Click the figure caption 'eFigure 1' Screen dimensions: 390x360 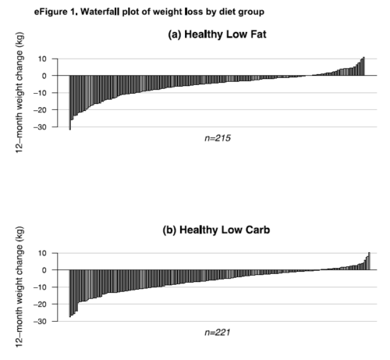[x=55, y=12]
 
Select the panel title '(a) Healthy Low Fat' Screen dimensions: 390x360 [x=217, y=34]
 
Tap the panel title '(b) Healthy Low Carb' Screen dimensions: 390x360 [x=216, y=230]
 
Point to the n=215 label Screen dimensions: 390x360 [x=218, y=138]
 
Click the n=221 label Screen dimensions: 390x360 [x=218, y=333]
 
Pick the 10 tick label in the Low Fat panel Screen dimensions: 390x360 [x=42, y=59]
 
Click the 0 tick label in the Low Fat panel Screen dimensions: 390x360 [x=44, y=76]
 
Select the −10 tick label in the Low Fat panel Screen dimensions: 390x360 [x=40, y=93]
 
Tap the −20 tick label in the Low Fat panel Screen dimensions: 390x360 [x=40, y=110]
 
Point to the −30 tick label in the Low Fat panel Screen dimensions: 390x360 [x=40, y=127]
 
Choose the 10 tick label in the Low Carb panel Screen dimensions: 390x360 [x=42, y=253]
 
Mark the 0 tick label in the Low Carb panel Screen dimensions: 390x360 [x=44, y=270]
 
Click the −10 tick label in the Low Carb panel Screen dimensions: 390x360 [x=40, y=287]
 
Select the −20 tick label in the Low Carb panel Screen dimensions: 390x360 [x=40, y=304]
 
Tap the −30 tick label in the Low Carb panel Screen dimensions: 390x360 [x=40, y=321]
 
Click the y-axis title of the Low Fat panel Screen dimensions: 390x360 [x=19, y=93]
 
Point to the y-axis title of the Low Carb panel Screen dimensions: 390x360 [x=19, y=287]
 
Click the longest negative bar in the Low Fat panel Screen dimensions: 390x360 [x=70, y=102]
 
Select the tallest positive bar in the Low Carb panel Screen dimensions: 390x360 [x=369, y=261]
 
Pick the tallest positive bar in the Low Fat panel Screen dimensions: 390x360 [x=363, y=66]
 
